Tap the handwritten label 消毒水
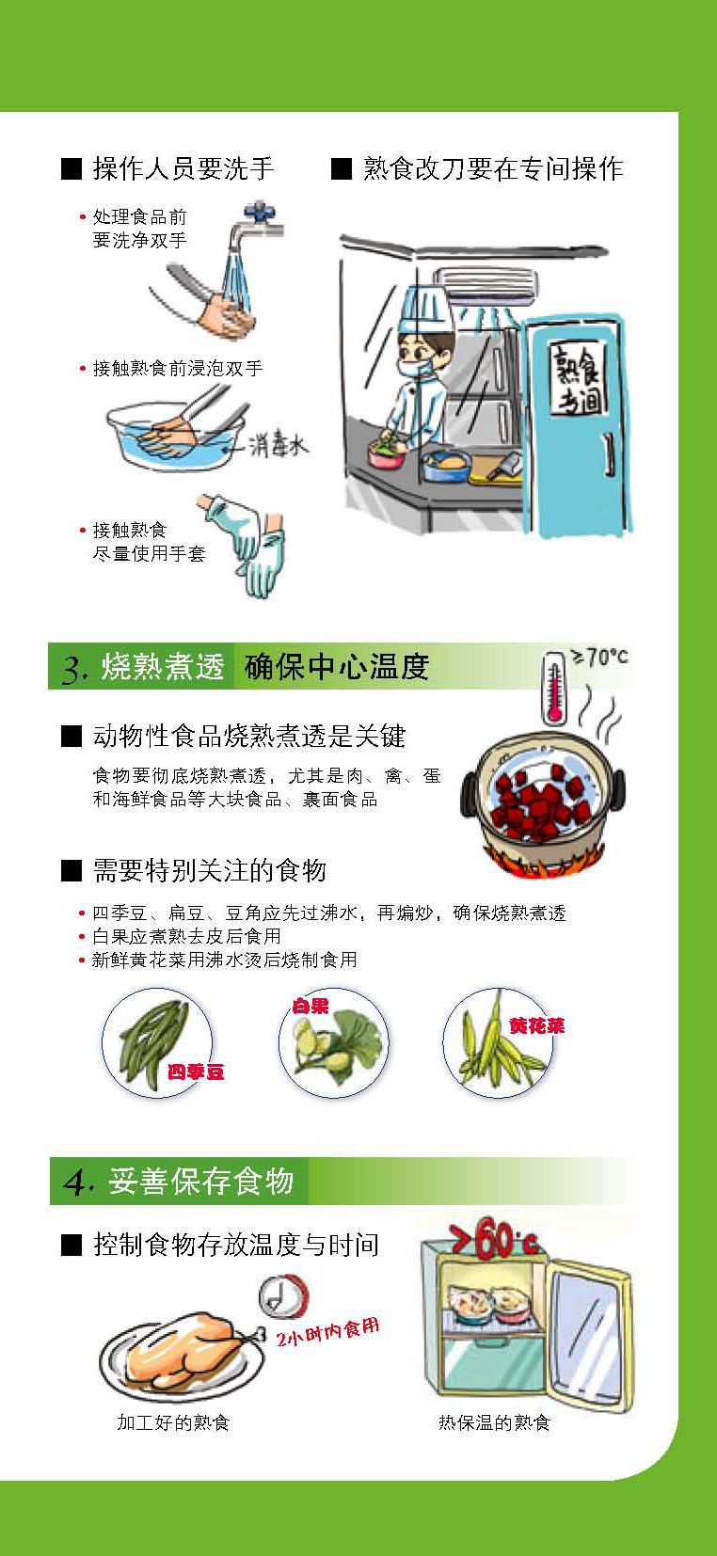279,443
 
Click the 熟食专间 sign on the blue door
577,379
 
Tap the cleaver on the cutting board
504,466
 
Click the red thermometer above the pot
553,688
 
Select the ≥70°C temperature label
598,656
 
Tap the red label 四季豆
196,1072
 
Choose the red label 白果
310,1005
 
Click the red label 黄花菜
536,1025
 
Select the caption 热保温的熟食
494,1422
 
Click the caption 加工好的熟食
173,1422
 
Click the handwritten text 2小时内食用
327,1330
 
